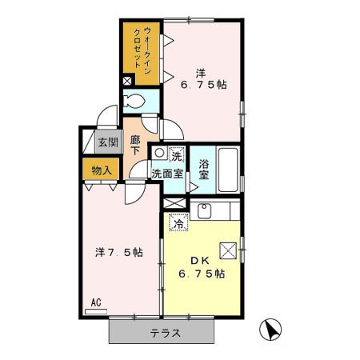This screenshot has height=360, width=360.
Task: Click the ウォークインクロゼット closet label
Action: [141, 50]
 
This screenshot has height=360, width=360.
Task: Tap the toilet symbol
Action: [137, 102]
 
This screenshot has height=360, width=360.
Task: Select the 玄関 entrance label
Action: [107, 143]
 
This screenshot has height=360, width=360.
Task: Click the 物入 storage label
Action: [101, 170]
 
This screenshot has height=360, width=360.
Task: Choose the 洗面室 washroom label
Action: [169, 171]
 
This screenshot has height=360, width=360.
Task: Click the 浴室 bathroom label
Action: [204, 169]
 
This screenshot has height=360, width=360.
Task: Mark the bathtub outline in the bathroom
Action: [229, 169]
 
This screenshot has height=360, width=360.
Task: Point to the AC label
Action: [95, 302]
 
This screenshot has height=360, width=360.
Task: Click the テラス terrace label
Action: [165, 333]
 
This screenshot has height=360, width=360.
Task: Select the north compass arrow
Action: [271, 329]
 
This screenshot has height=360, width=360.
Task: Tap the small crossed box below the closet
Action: [128, 81]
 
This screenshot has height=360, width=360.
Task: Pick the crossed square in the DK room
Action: [227, 250]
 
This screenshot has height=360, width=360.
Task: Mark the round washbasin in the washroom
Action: [160, 152]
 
